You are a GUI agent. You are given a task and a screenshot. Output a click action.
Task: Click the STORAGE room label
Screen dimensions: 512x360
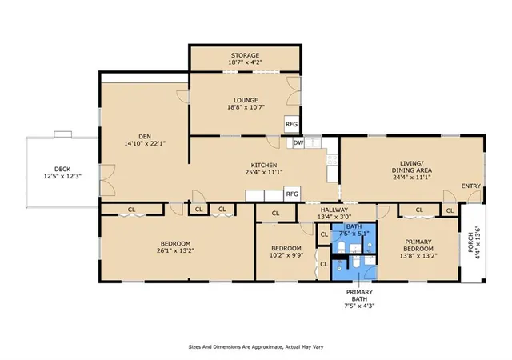point(246,55)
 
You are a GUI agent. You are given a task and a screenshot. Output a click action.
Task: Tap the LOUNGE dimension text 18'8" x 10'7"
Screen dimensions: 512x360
point(246,107)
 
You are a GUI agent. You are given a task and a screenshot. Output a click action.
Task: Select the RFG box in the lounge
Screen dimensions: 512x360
point(291,124)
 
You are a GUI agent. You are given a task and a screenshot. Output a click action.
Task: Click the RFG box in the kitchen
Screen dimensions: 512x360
point(292,194)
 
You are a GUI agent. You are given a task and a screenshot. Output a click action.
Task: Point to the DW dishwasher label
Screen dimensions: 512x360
point(298,142)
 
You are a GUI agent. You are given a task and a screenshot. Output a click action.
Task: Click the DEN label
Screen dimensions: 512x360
point(145,137)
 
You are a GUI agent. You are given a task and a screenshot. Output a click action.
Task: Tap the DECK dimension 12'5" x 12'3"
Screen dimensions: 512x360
point(62,176)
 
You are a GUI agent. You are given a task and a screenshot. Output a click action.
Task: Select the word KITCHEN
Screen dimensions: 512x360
point(264,166)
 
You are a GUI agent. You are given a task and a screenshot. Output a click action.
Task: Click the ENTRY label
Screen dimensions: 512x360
point(471,186)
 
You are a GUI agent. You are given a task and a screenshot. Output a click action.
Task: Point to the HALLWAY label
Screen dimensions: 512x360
point(334,210)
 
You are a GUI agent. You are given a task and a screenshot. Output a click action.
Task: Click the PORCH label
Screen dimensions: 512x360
point(470,242)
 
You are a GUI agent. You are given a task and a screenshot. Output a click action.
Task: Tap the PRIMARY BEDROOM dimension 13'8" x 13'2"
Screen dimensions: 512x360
point(418,256)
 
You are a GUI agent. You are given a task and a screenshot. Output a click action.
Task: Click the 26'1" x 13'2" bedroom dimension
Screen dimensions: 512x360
point(176,250)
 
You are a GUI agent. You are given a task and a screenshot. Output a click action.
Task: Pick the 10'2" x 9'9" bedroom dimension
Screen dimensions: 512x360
point(286,255)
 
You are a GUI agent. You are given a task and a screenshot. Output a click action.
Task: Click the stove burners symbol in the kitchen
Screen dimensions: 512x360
point(332,159)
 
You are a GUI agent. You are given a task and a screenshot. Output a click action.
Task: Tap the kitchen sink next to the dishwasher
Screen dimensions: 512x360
point(313,142)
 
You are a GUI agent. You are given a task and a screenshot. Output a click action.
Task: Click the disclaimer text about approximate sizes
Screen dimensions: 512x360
point(256,347)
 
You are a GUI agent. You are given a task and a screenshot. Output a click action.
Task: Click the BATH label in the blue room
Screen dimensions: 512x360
point(354,226)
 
